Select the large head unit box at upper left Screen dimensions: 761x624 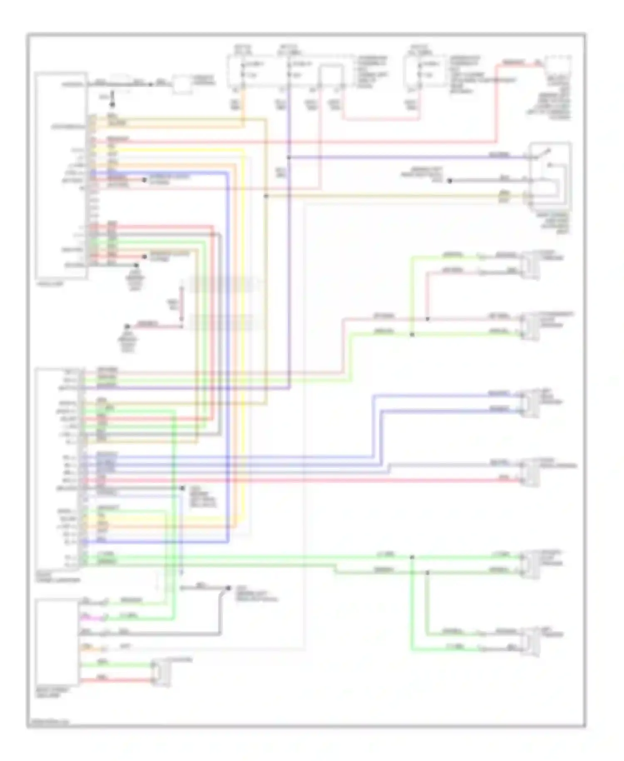coord(61,175)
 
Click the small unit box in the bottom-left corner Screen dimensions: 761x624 coord(57,642)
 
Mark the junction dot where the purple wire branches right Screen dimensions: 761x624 coord(289,157)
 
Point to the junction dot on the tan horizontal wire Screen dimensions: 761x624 coord(266,196)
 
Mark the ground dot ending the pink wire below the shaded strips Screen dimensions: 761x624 coord(128,326)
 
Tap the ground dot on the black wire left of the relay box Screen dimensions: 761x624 coord(449,181)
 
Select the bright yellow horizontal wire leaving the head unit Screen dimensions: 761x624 coord(166,149)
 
